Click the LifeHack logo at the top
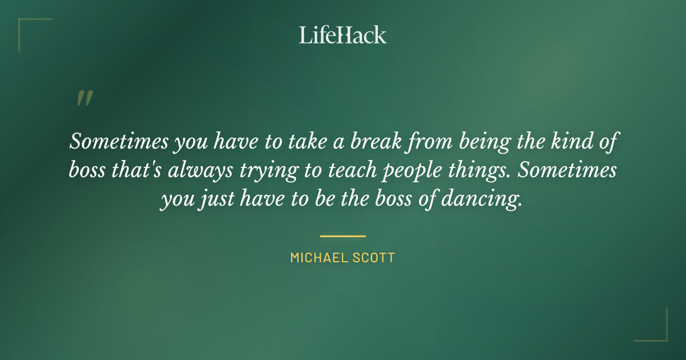[343, 35]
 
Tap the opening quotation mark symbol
[84, 98]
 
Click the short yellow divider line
[343, 235]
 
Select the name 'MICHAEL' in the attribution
[316, 258]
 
